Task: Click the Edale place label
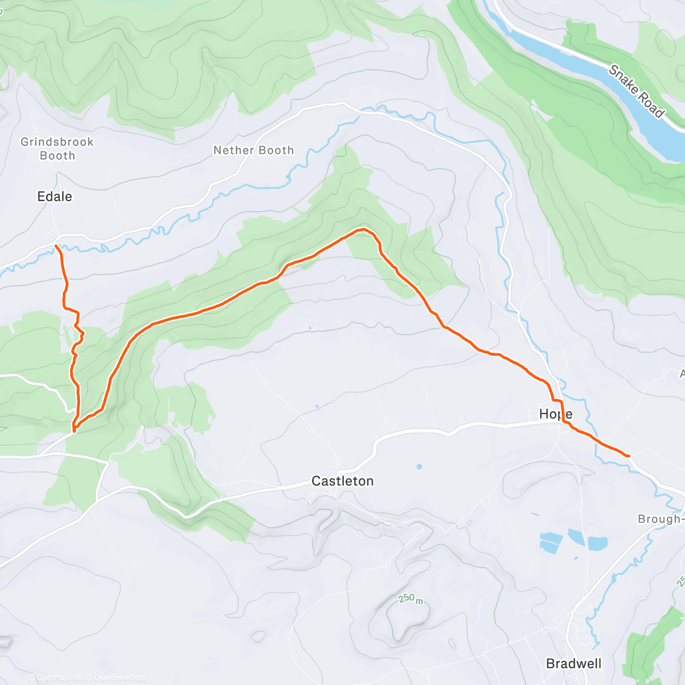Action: click(x=55, y=197)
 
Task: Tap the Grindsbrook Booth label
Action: click(x=57, y=148)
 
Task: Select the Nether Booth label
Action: click(x=253, y=150)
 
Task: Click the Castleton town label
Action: click(x=342, y=481)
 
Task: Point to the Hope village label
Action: click(x=555, y=414)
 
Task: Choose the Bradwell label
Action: click(x=574, y=663)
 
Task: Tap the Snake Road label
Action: click(x=636, y=91)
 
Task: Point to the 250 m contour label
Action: click(x=410, y=599)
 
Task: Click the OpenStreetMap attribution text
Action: click(x=119, y=678)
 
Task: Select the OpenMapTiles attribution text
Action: click(x=59, y=678)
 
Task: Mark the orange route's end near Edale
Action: click(x=56, y=245)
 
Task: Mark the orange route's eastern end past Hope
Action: click(x=628, y=456)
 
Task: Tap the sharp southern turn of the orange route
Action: click(x=74, y=429)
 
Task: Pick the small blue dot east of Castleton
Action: click(x=419, y=466)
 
